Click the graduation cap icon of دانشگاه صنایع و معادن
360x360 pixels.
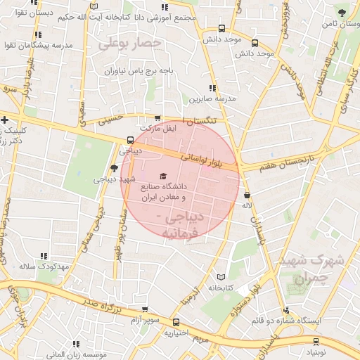pyautogui.click(x=163, y=176)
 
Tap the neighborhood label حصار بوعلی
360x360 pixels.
pyautogui.click(x=130, y=44)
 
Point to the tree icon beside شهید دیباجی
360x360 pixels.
pyautogui.click(x=115, y=167)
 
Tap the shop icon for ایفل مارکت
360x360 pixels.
pyautogui.click(x=157, y=119)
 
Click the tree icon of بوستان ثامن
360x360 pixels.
pyautogui.click(x=342, y=12)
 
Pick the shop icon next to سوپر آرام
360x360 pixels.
pyautogui.click(x=145, y=309)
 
